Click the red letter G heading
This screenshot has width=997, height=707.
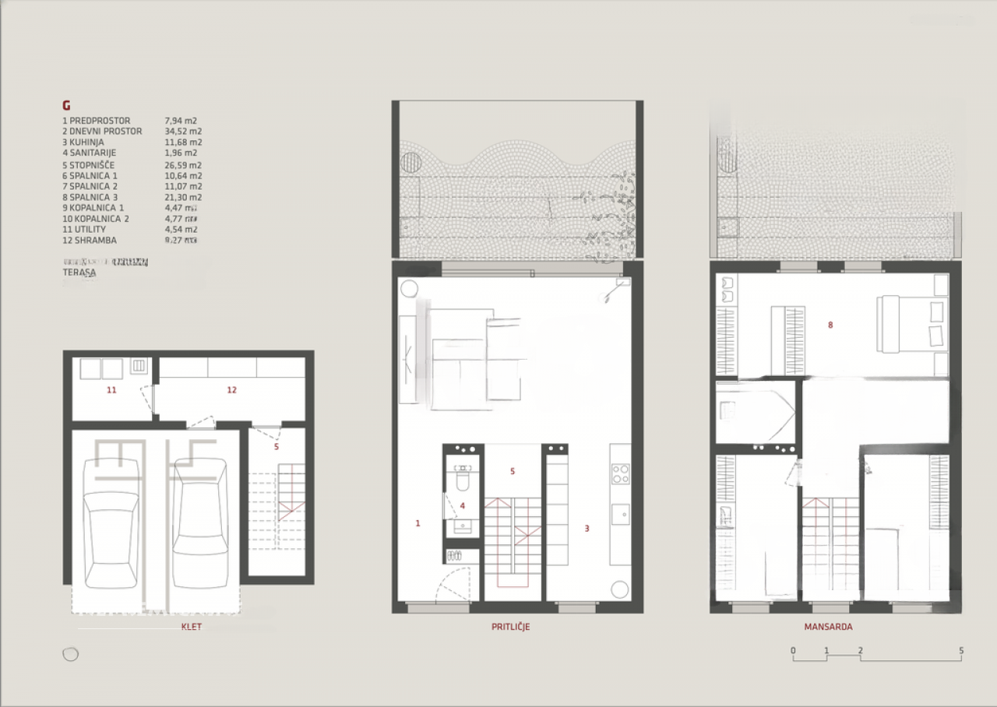(66, 106)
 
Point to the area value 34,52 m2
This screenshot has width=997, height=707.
(183, 132)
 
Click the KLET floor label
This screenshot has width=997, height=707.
(191, 627)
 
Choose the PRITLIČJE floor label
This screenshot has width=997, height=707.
(510, 627)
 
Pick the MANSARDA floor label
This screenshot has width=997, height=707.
(829, 627)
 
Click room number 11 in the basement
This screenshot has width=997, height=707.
(111, 390)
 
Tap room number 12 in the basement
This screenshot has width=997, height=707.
(231, 390)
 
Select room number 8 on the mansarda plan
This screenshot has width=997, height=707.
(830, 325)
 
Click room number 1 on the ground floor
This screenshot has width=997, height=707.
(417, 523)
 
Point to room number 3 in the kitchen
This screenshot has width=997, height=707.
(587, 528)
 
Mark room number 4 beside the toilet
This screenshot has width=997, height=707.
(463, 506)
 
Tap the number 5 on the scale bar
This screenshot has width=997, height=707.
(961, 650)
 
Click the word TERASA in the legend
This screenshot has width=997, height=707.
(79, 273)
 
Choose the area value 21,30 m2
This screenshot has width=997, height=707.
(183, 197)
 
